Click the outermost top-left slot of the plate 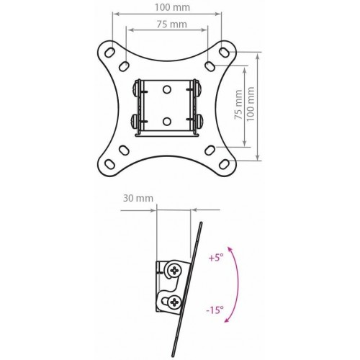(111, 53)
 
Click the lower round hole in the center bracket (166, 122)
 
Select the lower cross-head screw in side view (174, 302)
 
